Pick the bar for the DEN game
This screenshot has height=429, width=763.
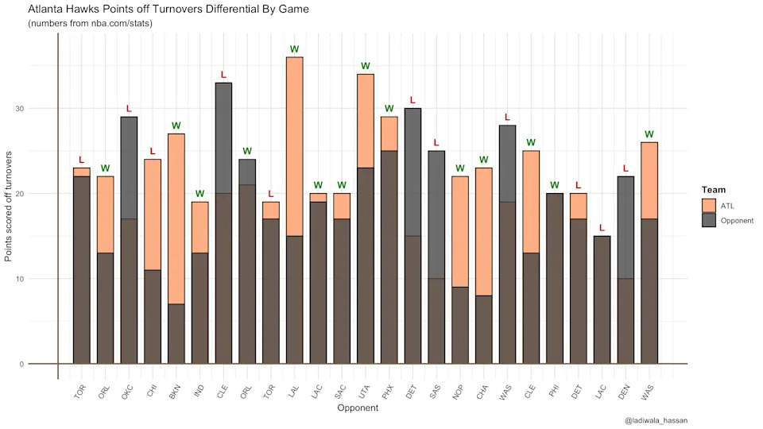click(626, 270)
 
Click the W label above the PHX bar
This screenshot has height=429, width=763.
click(389, 109)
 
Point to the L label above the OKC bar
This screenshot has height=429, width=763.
click(129, 109)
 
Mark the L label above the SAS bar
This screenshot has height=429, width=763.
click(436, 143)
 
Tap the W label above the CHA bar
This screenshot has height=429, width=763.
click(483, 160)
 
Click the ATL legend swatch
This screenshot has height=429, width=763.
click(709, 206)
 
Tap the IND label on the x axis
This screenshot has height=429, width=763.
click(199, 391)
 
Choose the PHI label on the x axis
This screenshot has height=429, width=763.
click(555, 391)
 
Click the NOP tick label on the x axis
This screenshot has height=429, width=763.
click(459, 391)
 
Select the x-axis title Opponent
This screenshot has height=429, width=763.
click(358, 408)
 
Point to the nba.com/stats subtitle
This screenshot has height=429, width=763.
click(90, 24)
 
